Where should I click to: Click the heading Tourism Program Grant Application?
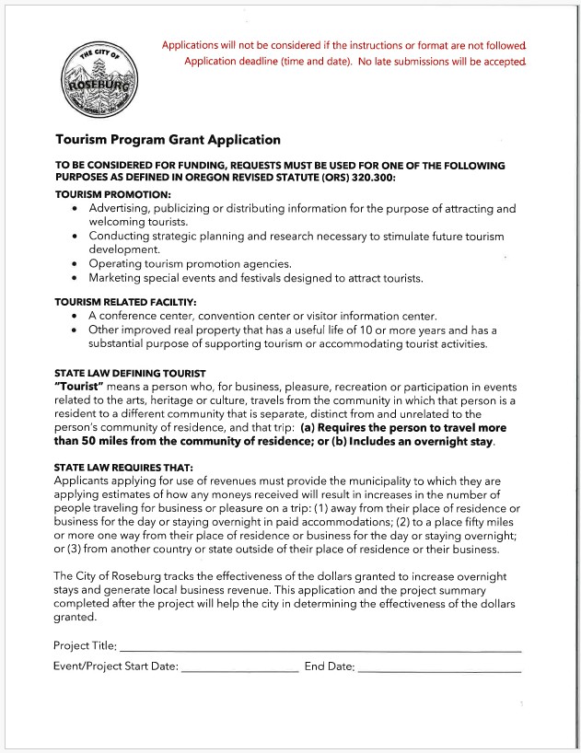click(168, 140)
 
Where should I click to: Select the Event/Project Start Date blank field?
click(240, 666)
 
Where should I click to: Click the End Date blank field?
click(439, 666)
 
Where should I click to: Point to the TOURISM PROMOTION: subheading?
click(113, 195)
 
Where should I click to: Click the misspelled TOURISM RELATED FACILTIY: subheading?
click(125, 301)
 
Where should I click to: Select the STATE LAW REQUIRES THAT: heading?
click(123, 468)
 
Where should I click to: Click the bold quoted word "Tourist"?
click(83, 387)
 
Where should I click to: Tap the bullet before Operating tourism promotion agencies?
click(75, 264)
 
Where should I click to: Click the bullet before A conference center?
click(75, 316)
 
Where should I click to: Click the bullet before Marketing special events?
click(75, 278)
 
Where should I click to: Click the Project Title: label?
click(85, 645)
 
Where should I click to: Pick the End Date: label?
click(329, 666)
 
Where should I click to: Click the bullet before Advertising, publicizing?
click(75, 210)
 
